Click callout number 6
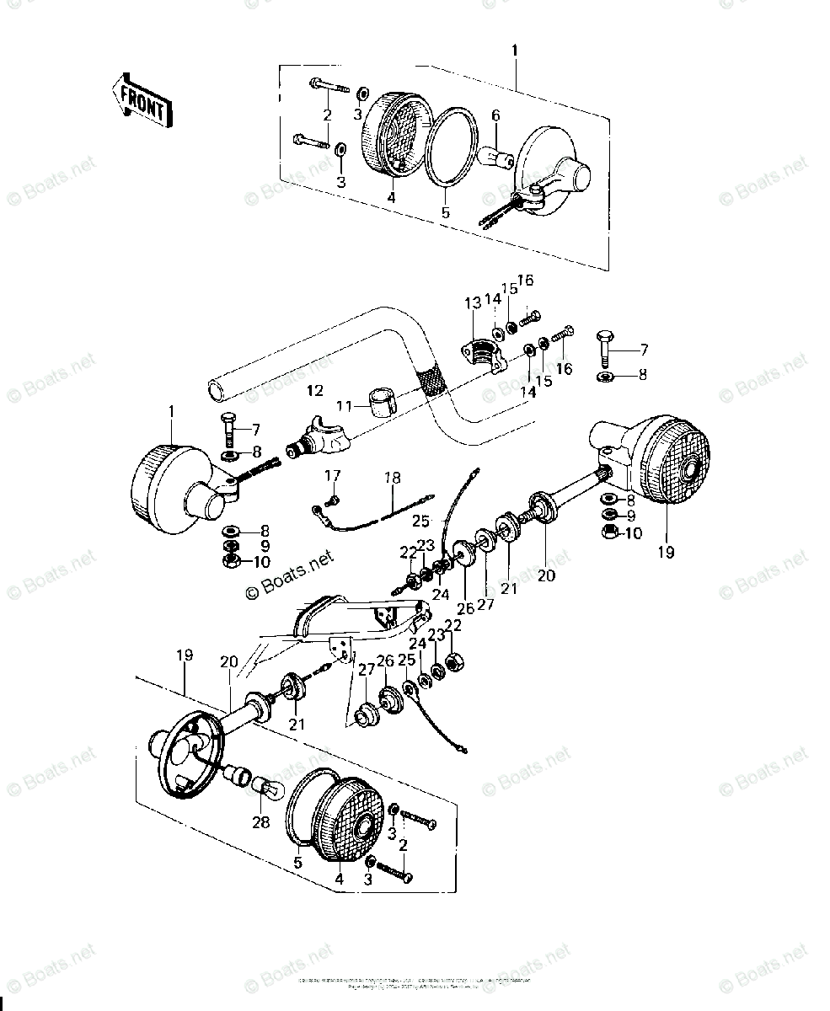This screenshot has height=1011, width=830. coord(495,115)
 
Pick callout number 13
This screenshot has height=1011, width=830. coord(471,302)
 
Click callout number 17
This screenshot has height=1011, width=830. coord(333,476)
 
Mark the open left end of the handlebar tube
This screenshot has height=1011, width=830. coord(216,391)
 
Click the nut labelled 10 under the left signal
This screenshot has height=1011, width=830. coord(230,560)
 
